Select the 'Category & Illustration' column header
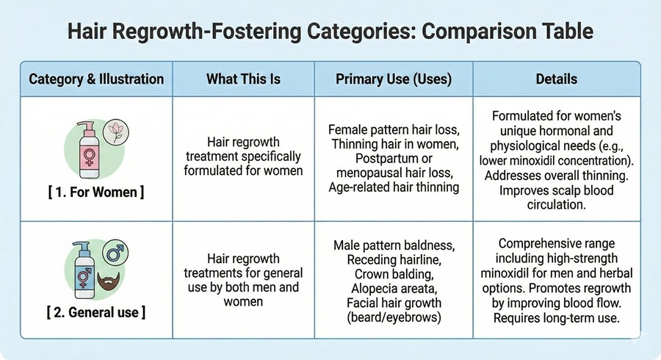pyautogui.click(x=96, y=79)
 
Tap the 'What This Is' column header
pyautogui.click(x=243, y=79)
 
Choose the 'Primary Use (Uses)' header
pyautogui.click(x=394, y=79)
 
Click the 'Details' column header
pyautogui.click(x=557, y=79)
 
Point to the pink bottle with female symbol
pyautogui.click(x=89, y=150)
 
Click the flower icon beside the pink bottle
pyautogui.click(x=115, y=132)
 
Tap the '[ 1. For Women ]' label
pyautogui.click(x=96, y=192)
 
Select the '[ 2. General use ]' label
pyautogui.click(x=96, y=312)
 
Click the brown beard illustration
pyautogui.click(x=109, y=281)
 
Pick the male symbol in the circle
pyautogui.click(x=115, y=253)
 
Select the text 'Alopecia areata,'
pyautogui.click(x=394, y=289)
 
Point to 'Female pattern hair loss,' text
pyautogui.click(x=394, y=129)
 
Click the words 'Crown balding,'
pyautogui.click(x=394, y=275)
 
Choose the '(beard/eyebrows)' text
pyautogui.click(x=394, y=317)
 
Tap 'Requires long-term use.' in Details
pyautogui.click(x=557, y=318)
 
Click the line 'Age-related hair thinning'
pyautogui.click(x=394, y=187)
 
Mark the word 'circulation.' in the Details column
pyautogui.click(x=557, y=205)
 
